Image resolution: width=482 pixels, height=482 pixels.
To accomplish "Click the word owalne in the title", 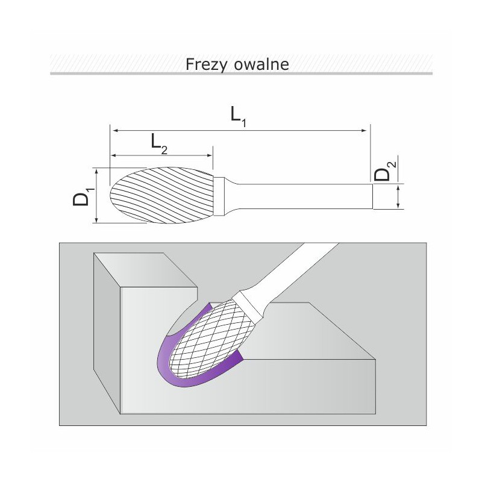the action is (261, 64).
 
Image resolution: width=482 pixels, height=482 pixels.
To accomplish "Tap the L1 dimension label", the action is (239, 117).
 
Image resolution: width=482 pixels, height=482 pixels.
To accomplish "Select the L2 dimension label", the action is (159, 145).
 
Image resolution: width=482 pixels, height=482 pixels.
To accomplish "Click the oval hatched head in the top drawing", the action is (161, 195).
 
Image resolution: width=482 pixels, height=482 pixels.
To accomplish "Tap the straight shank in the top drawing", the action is (304, 196).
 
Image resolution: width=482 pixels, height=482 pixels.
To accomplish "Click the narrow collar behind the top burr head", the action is (219, 196).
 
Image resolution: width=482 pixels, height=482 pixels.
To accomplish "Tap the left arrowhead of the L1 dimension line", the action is (115, 131).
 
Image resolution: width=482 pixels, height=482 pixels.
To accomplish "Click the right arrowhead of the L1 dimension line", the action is (365, 131).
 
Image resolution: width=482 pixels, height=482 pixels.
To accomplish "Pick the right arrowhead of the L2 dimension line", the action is (210, 155).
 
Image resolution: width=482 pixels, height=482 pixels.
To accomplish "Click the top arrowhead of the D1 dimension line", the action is (97, 172).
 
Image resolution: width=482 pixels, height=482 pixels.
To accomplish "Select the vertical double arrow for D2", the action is (398, 197).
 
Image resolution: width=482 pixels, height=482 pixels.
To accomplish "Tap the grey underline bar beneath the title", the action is (242, 74).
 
